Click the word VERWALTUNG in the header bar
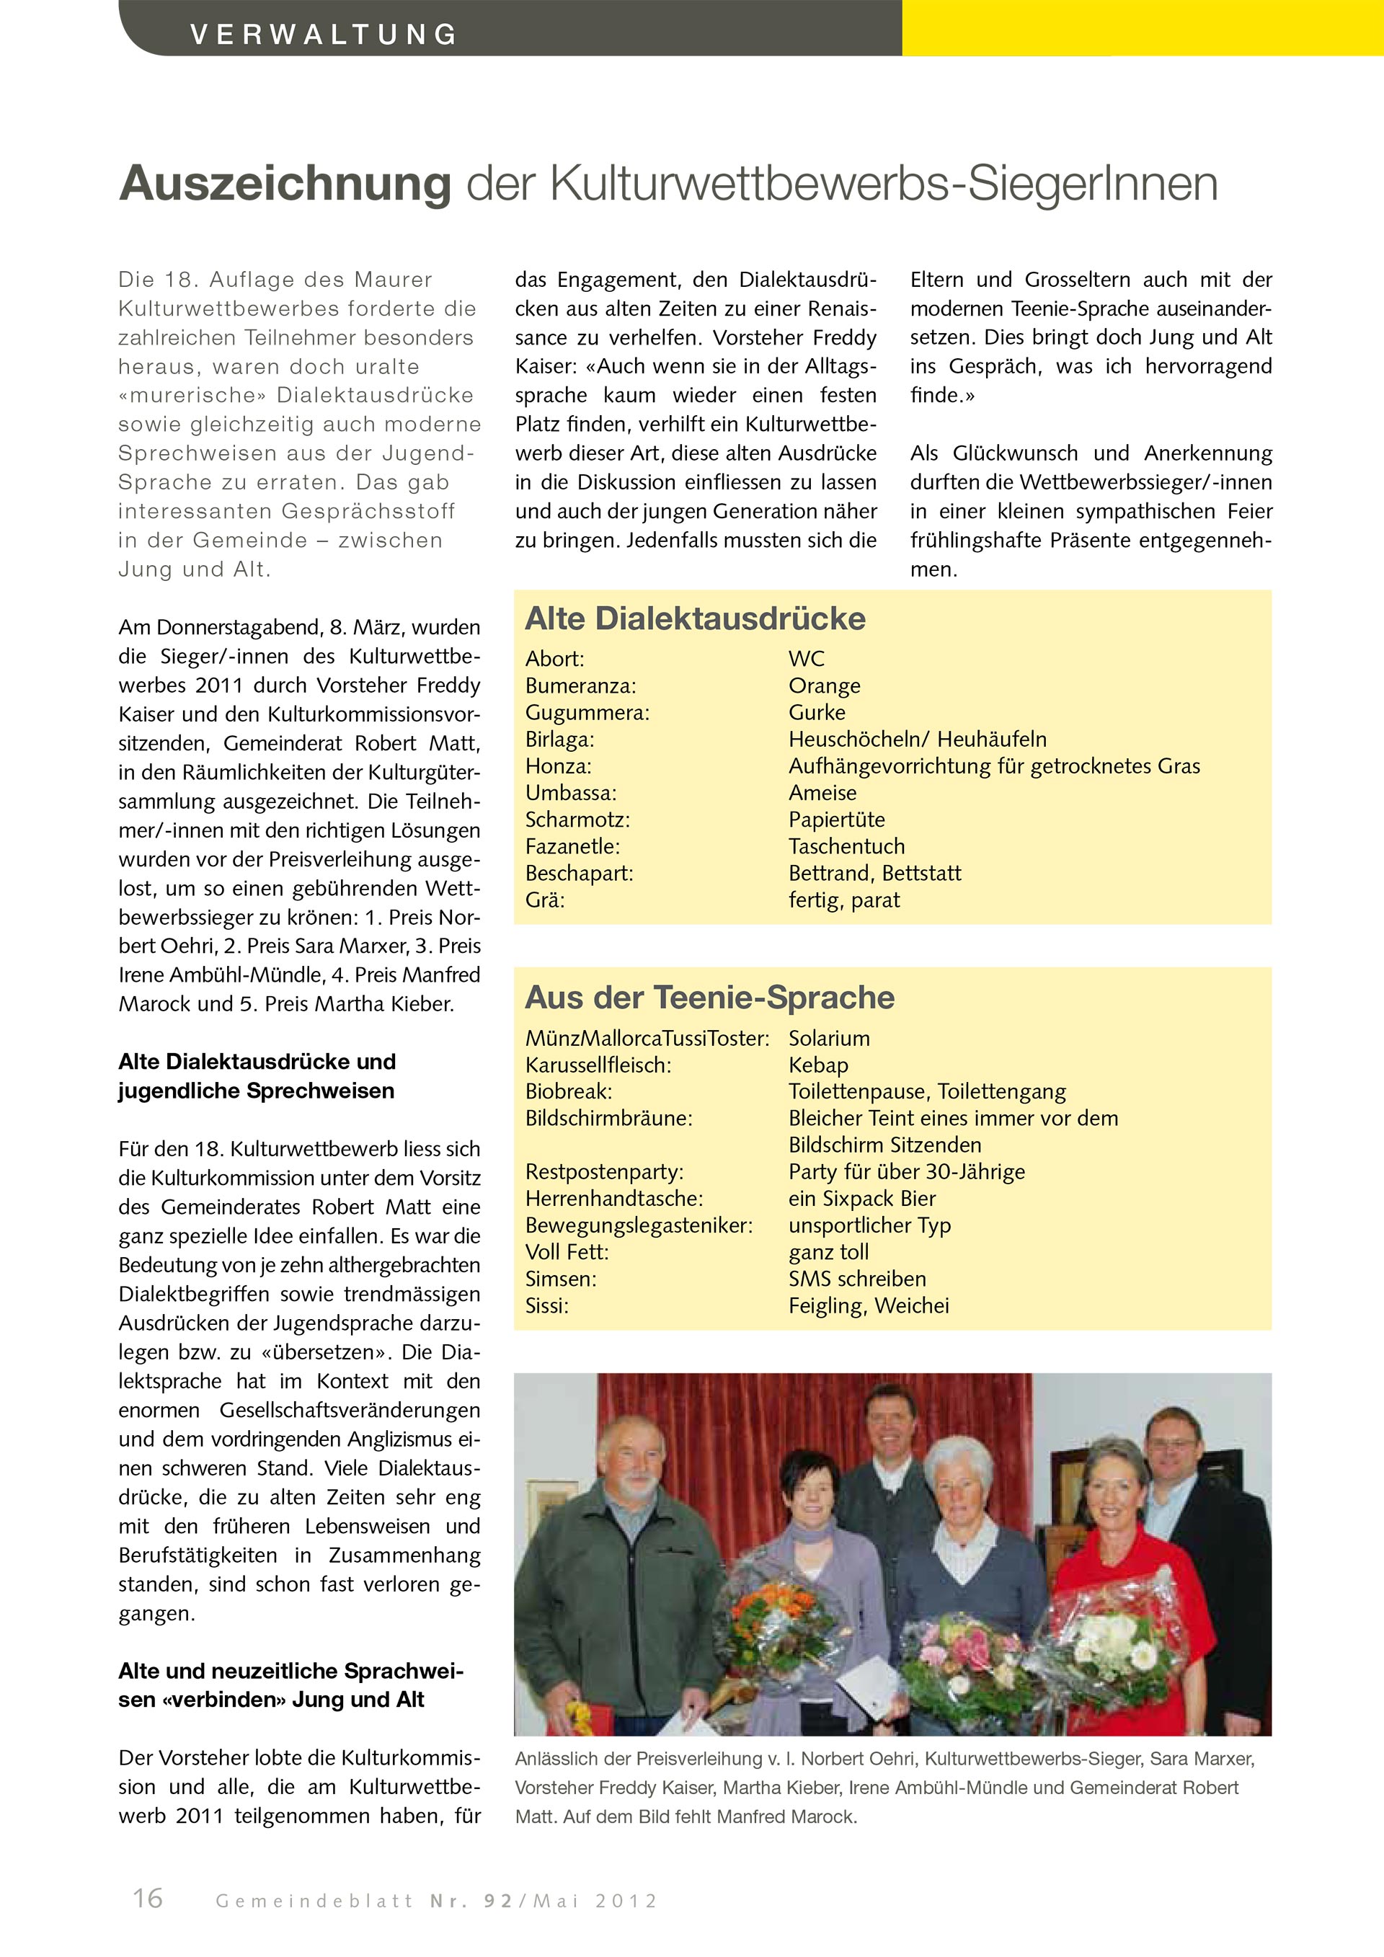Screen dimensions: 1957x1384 pos(324,34)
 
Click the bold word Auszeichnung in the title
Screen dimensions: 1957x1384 pos(285,183)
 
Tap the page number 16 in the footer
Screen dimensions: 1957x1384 pos(148,1897)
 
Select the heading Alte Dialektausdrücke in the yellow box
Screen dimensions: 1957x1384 pos(695,618)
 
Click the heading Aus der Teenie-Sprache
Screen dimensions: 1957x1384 pos(709,998)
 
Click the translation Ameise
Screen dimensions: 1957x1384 pos(822,793)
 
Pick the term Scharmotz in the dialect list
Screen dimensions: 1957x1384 pos(577,820)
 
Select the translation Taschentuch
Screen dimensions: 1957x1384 pos(846,846)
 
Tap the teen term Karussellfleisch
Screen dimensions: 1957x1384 pos(598,1065)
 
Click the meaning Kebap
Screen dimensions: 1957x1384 pos(818,1065)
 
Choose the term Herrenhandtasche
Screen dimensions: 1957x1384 pos(613,1199)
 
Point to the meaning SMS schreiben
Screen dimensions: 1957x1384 pos(856,1279)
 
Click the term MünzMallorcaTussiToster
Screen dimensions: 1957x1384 pos(647,1039)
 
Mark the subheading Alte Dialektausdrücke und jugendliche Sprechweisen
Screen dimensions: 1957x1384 pos(257,1076)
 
